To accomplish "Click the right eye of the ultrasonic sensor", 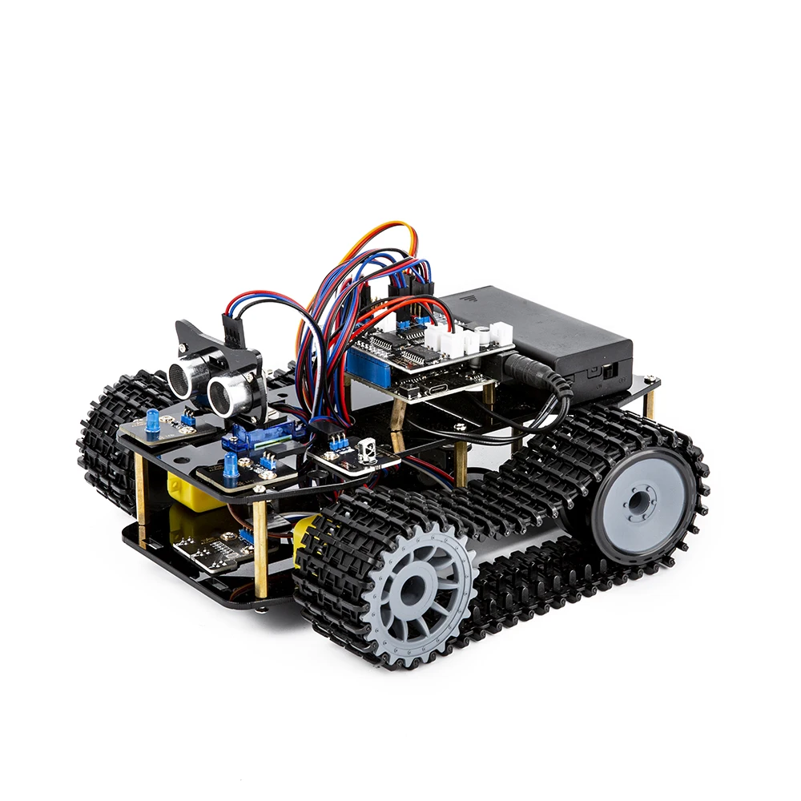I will coord(227,393).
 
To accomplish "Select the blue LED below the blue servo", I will coord(231,467).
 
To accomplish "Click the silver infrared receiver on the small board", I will coord(369,451).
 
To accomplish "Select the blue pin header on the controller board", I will coord(370,358).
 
